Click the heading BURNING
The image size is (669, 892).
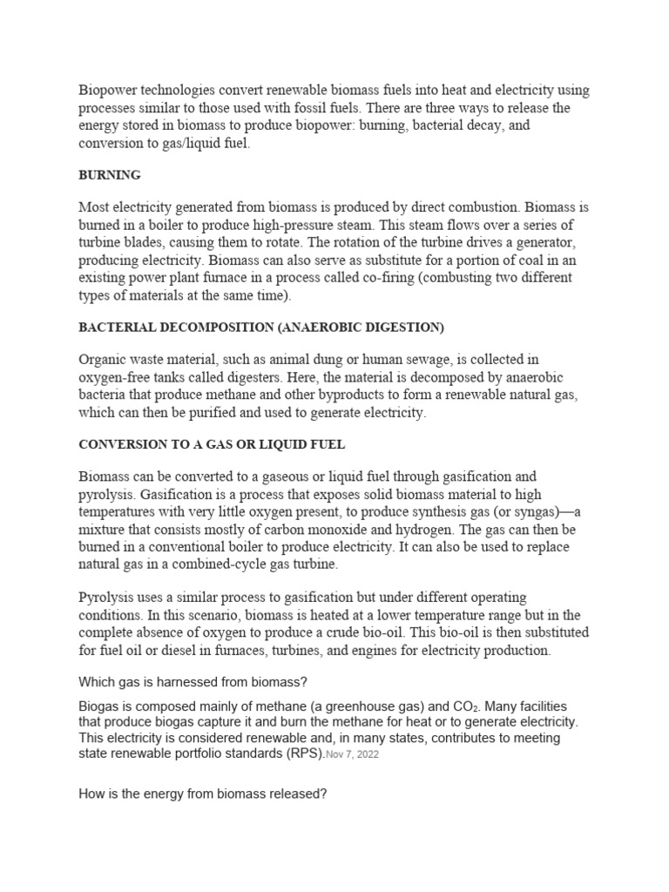pos(110,175)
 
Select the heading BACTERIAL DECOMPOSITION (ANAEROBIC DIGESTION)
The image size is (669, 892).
pos(261,327)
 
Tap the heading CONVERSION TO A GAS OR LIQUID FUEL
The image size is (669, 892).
pos(212,444)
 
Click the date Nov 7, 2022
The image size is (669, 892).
pos(353,755)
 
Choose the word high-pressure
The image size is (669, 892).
pos(289,225)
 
